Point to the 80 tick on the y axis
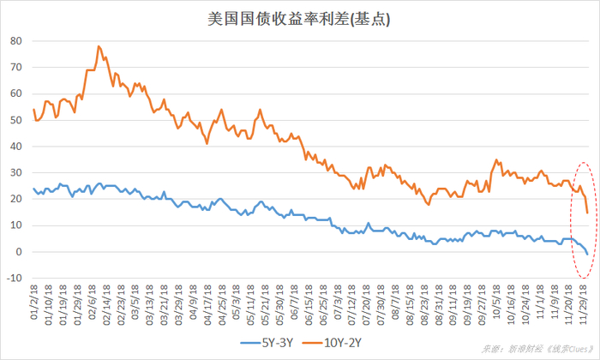(16, 40)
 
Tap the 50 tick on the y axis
(16, 120)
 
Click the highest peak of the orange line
(99, 46)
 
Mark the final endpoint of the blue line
(587, 255)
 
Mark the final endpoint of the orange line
(587, 213)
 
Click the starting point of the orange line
(33, 109)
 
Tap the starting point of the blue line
(33, 189)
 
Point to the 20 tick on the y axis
(16, 199)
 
